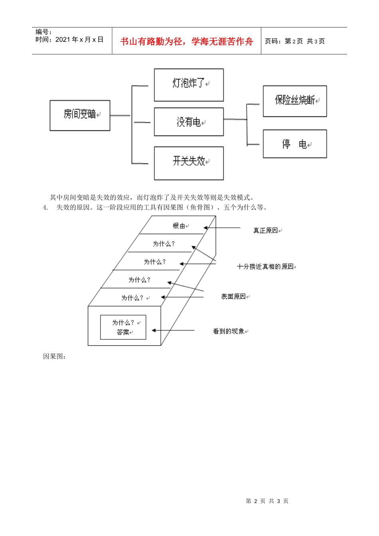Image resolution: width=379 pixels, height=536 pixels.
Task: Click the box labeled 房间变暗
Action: point(80,115)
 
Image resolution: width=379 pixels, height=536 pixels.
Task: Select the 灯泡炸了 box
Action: point(189,85)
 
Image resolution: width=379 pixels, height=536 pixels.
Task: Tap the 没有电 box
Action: point(189,122)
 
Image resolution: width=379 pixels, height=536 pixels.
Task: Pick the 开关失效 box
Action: point(189,163)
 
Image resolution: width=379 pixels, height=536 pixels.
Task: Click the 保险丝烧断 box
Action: point(295,101)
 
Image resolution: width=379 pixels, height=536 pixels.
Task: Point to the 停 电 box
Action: point(295,144)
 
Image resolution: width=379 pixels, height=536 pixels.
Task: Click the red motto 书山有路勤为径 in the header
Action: point(186,41)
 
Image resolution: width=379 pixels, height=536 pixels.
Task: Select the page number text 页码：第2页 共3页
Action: point(294,41)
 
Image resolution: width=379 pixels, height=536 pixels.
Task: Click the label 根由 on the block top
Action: point(179,226)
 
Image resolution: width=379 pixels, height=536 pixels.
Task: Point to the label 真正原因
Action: point(265,231)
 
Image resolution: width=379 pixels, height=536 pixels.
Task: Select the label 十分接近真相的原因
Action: point(265,266)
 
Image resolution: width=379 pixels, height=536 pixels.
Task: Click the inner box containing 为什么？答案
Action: point(123,327)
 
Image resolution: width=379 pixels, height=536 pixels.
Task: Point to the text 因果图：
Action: point(54,357)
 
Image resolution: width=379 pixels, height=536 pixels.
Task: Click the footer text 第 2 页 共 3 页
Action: point(267,501)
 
